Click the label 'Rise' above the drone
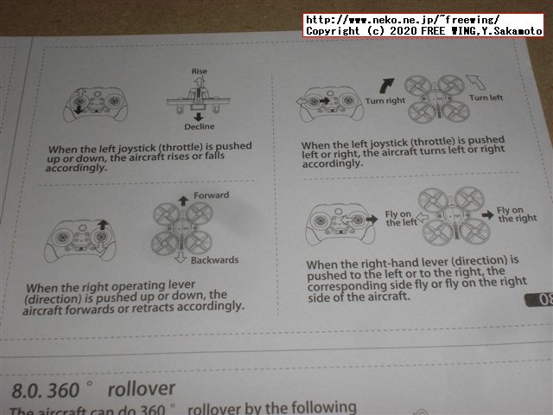pos(200,71)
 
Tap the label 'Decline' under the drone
pos(200,126)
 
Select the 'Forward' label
pos(211,195)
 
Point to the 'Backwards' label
pos(215,260)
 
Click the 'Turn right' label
pos(385,101)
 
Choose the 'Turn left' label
pos(486,98)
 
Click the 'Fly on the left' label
pos(401,219)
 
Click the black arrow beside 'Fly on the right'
pos(488,215)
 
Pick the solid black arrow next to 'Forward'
pos(183,201)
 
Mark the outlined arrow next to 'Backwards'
pos(181,258)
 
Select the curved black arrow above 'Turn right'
pos(386,86)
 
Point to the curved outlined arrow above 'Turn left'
pos(476,82)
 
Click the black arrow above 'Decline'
pos(199,117)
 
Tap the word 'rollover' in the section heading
pos(142,389)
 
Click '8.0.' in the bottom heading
pos(28,391)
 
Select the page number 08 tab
pos(539,300)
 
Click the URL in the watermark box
pos(403,19)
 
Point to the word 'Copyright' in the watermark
pos(333,31)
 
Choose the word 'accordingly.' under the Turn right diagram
pos(333,163)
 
